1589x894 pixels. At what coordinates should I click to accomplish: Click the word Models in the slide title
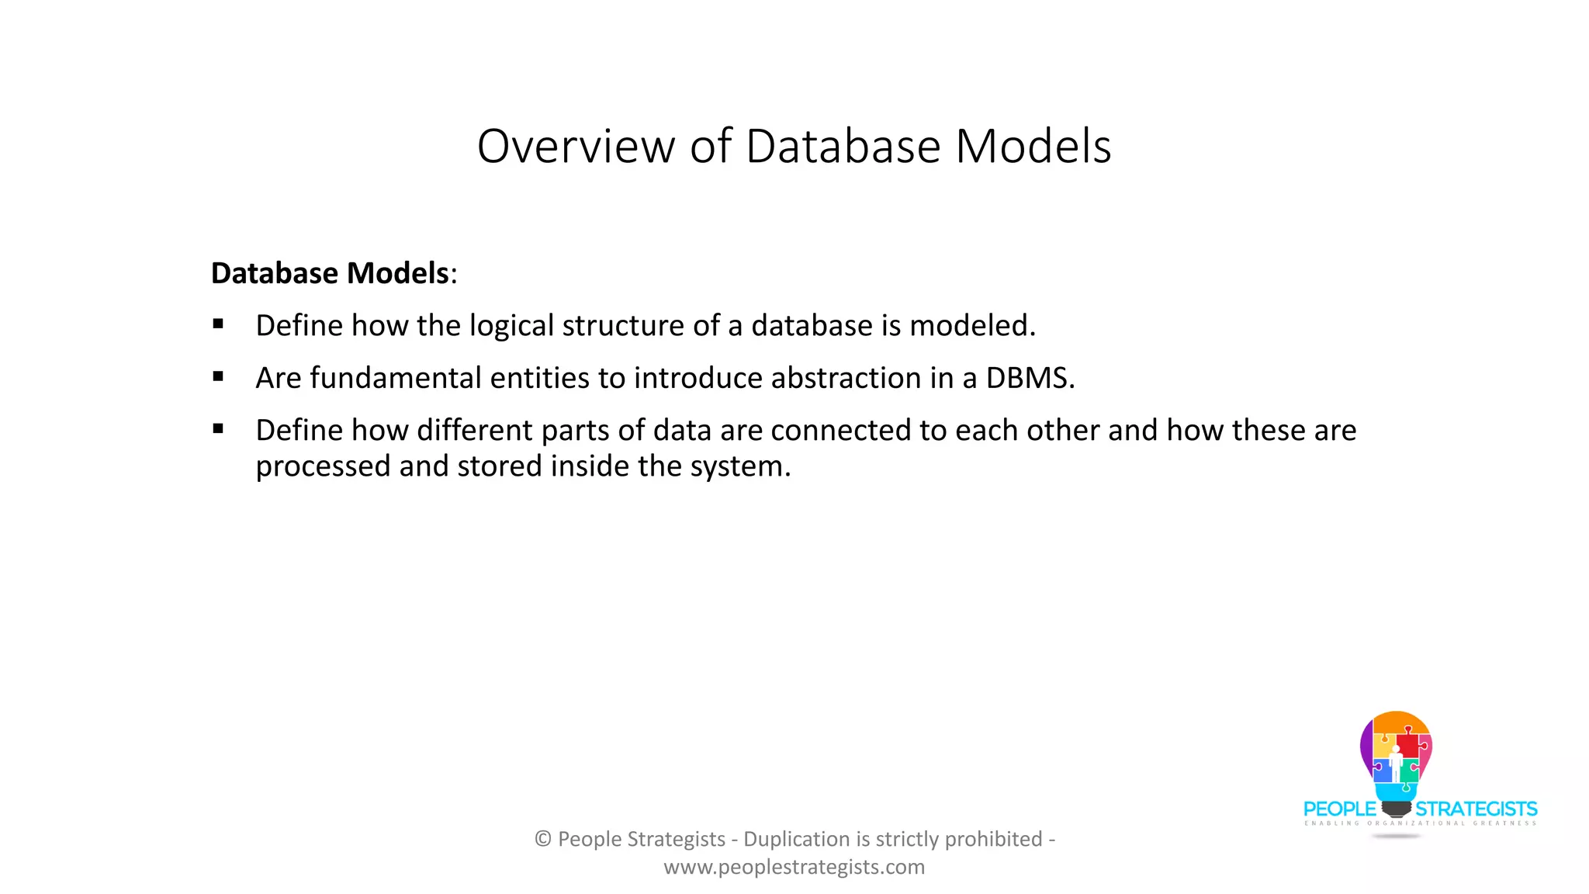point(1033,146)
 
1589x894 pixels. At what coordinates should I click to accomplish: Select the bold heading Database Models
point(330,273)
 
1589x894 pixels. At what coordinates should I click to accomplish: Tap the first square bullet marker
point(218,324)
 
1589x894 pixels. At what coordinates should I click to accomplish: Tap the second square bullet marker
point(218,376)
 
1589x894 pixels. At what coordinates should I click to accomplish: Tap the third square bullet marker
point(218,428)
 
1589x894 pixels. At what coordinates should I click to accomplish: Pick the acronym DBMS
point(1028,378)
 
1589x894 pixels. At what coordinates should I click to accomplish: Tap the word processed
point(323,466)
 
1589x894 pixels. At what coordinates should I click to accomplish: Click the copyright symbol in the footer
point(543,839)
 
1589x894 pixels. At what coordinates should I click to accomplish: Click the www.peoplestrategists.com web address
point(794,867)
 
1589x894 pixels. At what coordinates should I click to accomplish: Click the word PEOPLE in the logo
point(1339,809)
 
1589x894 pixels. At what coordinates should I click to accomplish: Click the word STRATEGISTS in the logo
point(1476,809)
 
